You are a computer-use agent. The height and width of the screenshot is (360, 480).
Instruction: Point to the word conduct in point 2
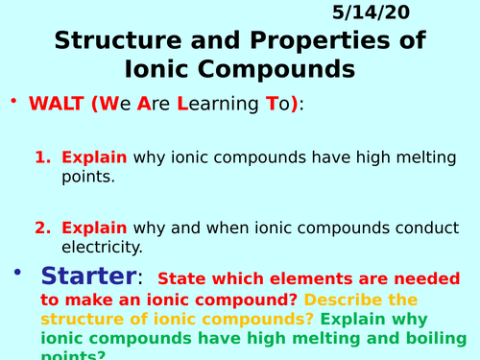point(409,228)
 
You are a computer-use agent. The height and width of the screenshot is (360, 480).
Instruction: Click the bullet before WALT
point(13,101)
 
